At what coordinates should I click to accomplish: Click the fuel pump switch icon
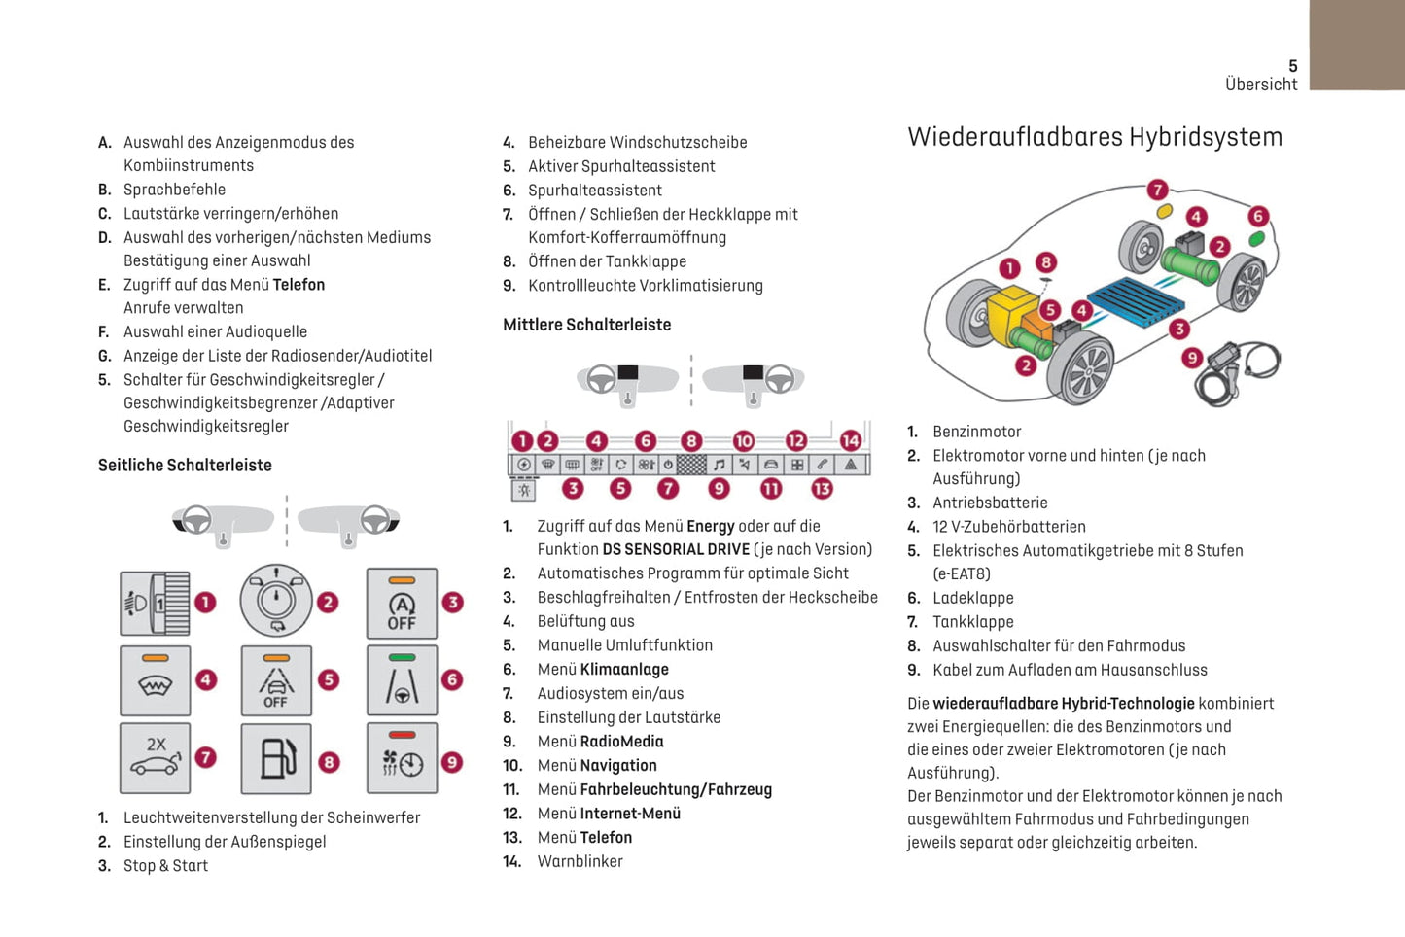coord(277,759)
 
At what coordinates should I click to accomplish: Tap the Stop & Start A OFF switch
coord(402,604)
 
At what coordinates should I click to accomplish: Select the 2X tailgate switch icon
coord(156,758)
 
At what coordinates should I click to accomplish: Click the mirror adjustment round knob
coord(277,601)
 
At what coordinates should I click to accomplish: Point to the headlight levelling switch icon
coord(155,604)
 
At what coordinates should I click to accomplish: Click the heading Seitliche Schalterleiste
coord(185,466)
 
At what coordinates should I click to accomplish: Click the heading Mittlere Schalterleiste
coord(586,325)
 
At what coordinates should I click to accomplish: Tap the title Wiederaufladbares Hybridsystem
coord(1095,137)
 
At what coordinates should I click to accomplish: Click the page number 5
coord(1292,66)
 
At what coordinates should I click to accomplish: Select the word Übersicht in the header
coord(1261,85)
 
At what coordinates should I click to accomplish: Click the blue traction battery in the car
coord(1132,302)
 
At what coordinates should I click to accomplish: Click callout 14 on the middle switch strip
coord(850,440)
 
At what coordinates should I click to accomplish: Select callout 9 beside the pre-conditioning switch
coord(452,763)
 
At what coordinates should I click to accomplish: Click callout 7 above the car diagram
coord(1156,190)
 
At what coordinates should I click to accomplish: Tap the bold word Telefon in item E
coord(299,285)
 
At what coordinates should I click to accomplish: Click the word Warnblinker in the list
coord(580,861)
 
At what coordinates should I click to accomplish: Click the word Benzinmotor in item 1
coord(976,432)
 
